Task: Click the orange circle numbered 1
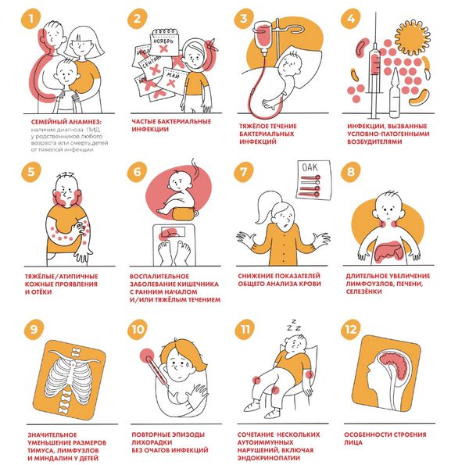(x=30, y=19)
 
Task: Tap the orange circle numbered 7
(x=244, y=172)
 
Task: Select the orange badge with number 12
(x=350, y=330)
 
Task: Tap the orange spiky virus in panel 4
(x=412, y=38)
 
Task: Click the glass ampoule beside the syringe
(x=394, y=94)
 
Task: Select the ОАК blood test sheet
(x=313, y=180)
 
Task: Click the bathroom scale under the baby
(x=174, y=245)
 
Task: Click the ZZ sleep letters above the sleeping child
(x=294, y=325)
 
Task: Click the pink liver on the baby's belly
(x=388, y=252)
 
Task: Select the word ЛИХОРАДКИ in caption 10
(x=150, y=442)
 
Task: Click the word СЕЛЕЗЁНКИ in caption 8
(x=363, y=292)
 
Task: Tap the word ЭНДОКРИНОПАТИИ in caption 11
(x=269, y=458)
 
